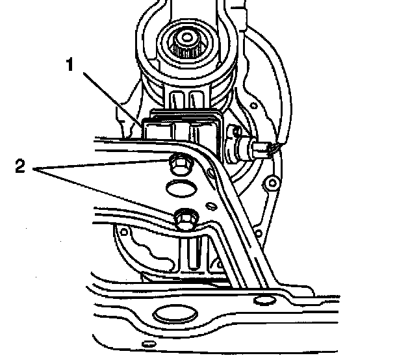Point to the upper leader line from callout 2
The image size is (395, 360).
(x=104, y=166)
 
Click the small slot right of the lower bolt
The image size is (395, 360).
(x=209, y=205)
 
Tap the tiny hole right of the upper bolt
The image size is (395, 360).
(x=211, y=174)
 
